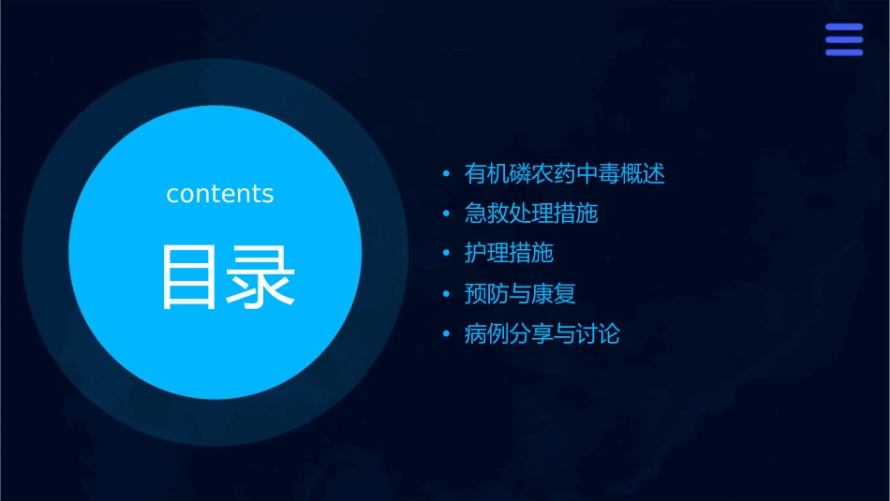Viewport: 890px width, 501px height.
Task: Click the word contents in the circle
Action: point(220,194)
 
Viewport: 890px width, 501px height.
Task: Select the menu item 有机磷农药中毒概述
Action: point(564,174)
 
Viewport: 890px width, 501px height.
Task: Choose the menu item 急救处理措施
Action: point(531,214)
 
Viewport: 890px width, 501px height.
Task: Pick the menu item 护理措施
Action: point(509,253)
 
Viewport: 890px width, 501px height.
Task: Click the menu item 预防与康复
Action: point(520,293)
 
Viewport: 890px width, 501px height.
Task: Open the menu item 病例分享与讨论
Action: point(542,333)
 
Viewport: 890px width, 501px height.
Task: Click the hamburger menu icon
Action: point(843,39)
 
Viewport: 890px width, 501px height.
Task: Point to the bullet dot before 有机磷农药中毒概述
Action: point(446,174)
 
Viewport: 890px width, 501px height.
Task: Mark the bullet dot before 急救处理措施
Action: point(446,214)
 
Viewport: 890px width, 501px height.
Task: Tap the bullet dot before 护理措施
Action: point(446,254)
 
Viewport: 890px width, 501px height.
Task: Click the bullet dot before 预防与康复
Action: point(446,294)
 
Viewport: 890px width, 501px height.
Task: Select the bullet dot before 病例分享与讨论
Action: point(446,334)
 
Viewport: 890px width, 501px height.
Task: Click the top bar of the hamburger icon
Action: point(843,27)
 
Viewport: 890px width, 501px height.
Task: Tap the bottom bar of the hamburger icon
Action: point(843,52)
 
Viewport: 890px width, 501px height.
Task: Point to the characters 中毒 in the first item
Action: point(598,174)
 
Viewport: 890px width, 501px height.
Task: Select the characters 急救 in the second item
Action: point(487,214)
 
